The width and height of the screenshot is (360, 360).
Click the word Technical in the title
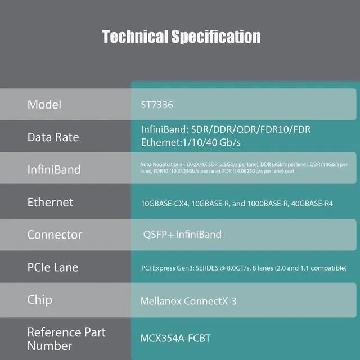tap(135, 37)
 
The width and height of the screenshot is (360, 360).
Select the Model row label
tap(44, 105)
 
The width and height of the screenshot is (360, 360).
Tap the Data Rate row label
tap(53, 137)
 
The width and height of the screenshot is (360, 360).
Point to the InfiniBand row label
tap(54, 169)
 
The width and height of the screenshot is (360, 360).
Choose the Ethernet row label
tap(51, 202)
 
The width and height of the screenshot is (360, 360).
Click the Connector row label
tap(55, 235)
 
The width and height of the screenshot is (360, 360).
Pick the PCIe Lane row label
tap(53, 267)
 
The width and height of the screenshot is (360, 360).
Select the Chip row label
tap(40, 299)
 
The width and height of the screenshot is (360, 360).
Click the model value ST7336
tap(155, 105)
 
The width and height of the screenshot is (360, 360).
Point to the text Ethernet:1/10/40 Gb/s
tap(191, 142)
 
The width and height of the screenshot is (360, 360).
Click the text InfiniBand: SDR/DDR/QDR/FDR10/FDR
tap(226, 130)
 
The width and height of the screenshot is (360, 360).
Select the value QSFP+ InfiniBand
tap(183, 234)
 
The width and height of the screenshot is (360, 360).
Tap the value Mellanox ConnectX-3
tap(188, 301)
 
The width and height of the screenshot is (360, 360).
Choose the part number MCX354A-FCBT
tap(175, 339)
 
